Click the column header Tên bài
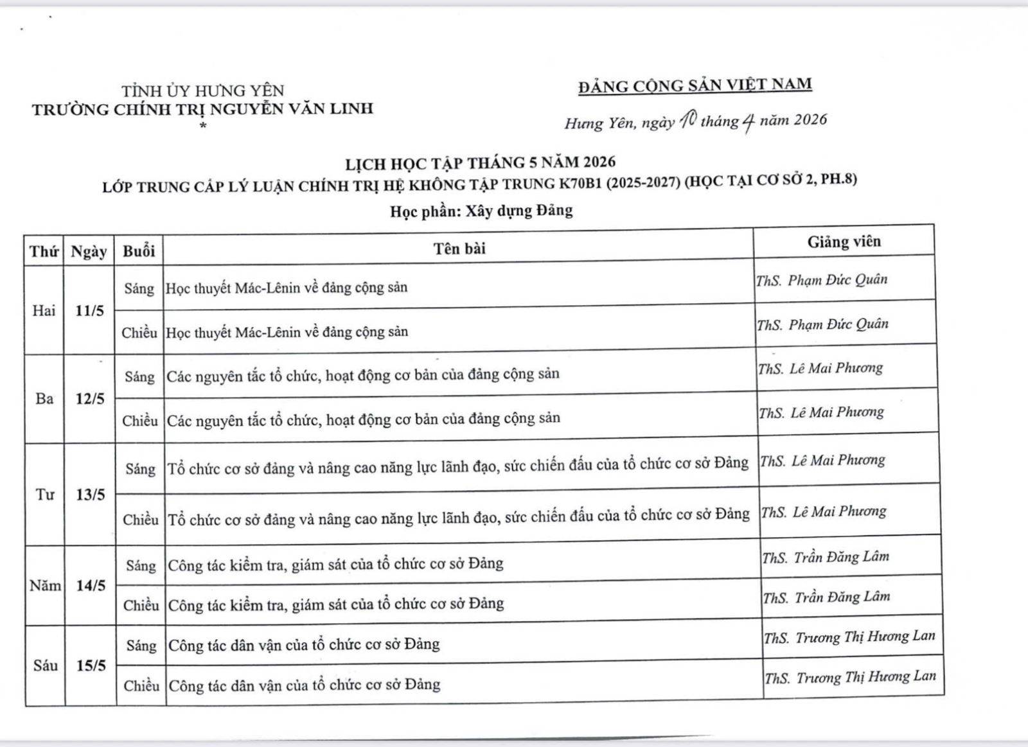(x=459, y=248)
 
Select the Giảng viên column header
(x=844, y=242)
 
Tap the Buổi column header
(x=139, y=250)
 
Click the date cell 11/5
(x=89, y=311)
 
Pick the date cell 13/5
(x=90, y=495)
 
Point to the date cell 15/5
(x=91, y=665)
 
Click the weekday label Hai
(x=44, y=311)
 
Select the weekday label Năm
(x=45, y=586)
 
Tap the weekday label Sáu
(x=45, y=665)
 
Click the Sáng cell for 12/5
(x=139, y=376)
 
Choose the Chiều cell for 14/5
(x=141, y=605)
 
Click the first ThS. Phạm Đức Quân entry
(x=822, y=280)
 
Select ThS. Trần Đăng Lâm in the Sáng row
(x=826, y=557)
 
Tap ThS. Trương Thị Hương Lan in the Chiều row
(x=850, y=677)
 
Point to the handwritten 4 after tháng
(x=747, y=122)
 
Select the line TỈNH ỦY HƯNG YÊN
(x=203, y=91)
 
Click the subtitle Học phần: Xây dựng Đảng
(x=481, y=211)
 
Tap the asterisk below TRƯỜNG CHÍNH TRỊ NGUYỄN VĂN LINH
(x=203, y=126)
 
